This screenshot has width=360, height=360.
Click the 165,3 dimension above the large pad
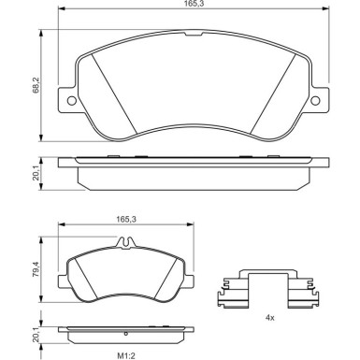194,4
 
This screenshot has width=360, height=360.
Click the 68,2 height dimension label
36,85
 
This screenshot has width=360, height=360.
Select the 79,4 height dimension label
36,269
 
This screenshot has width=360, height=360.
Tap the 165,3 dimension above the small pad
126,219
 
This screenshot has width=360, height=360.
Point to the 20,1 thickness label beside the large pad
36,173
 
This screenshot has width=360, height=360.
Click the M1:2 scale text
127,355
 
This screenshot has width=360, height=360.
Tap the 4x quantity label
269,318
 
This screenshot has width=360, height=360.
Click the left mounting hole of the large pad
72,101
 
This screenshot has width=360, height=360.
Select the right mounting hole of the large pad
315,101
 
